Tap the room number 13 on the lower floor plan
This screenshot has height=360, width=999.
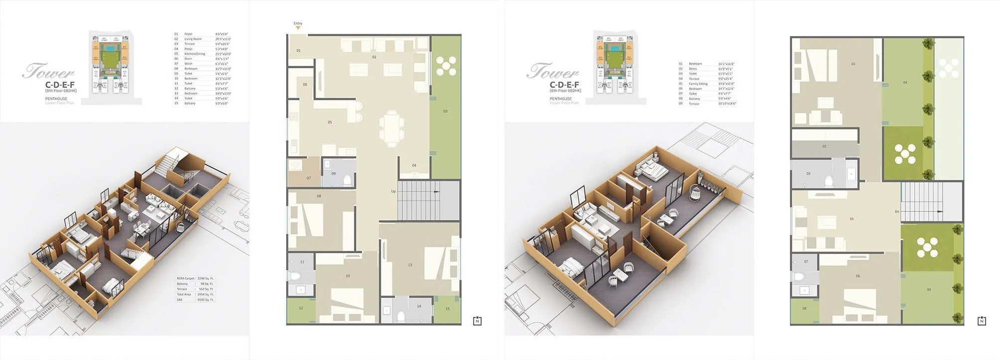410,265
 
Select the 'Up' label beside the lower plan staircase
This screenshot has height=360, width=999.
393,191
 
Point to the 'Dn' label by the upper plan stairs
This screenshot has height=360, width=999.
897,211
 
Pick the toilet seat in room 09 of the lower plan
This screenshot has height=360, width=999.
347,180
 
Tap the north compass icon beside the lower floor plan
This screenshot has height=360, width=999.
477,321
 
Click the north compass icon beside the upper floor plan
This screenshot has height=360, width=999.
982,321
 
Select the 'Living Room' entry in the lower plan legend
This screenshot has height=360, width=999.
193,39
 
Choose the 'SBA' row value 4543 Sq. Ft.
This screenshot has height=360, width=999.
205,300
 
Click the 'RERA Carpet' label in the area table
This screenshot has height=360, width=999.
185,278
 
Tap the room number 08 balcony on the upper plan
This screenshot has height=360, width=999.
804,309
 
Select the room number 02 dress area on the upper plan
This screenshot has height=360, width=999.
824,147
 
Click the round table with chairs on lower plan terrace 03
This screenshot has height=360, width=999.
446,66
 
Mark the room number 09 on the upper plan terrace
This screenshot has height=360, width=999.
929,290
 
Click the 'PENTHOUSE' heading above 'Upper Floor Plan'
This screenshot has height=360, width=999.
560,99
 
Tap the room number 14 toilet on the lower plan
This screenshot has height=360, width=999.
419,306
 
